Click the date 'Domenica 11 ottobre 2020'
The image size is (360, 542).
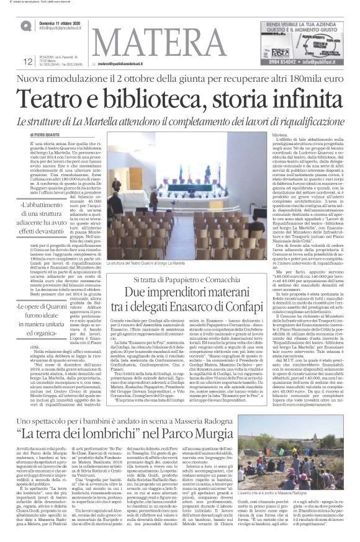point(63,22)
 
